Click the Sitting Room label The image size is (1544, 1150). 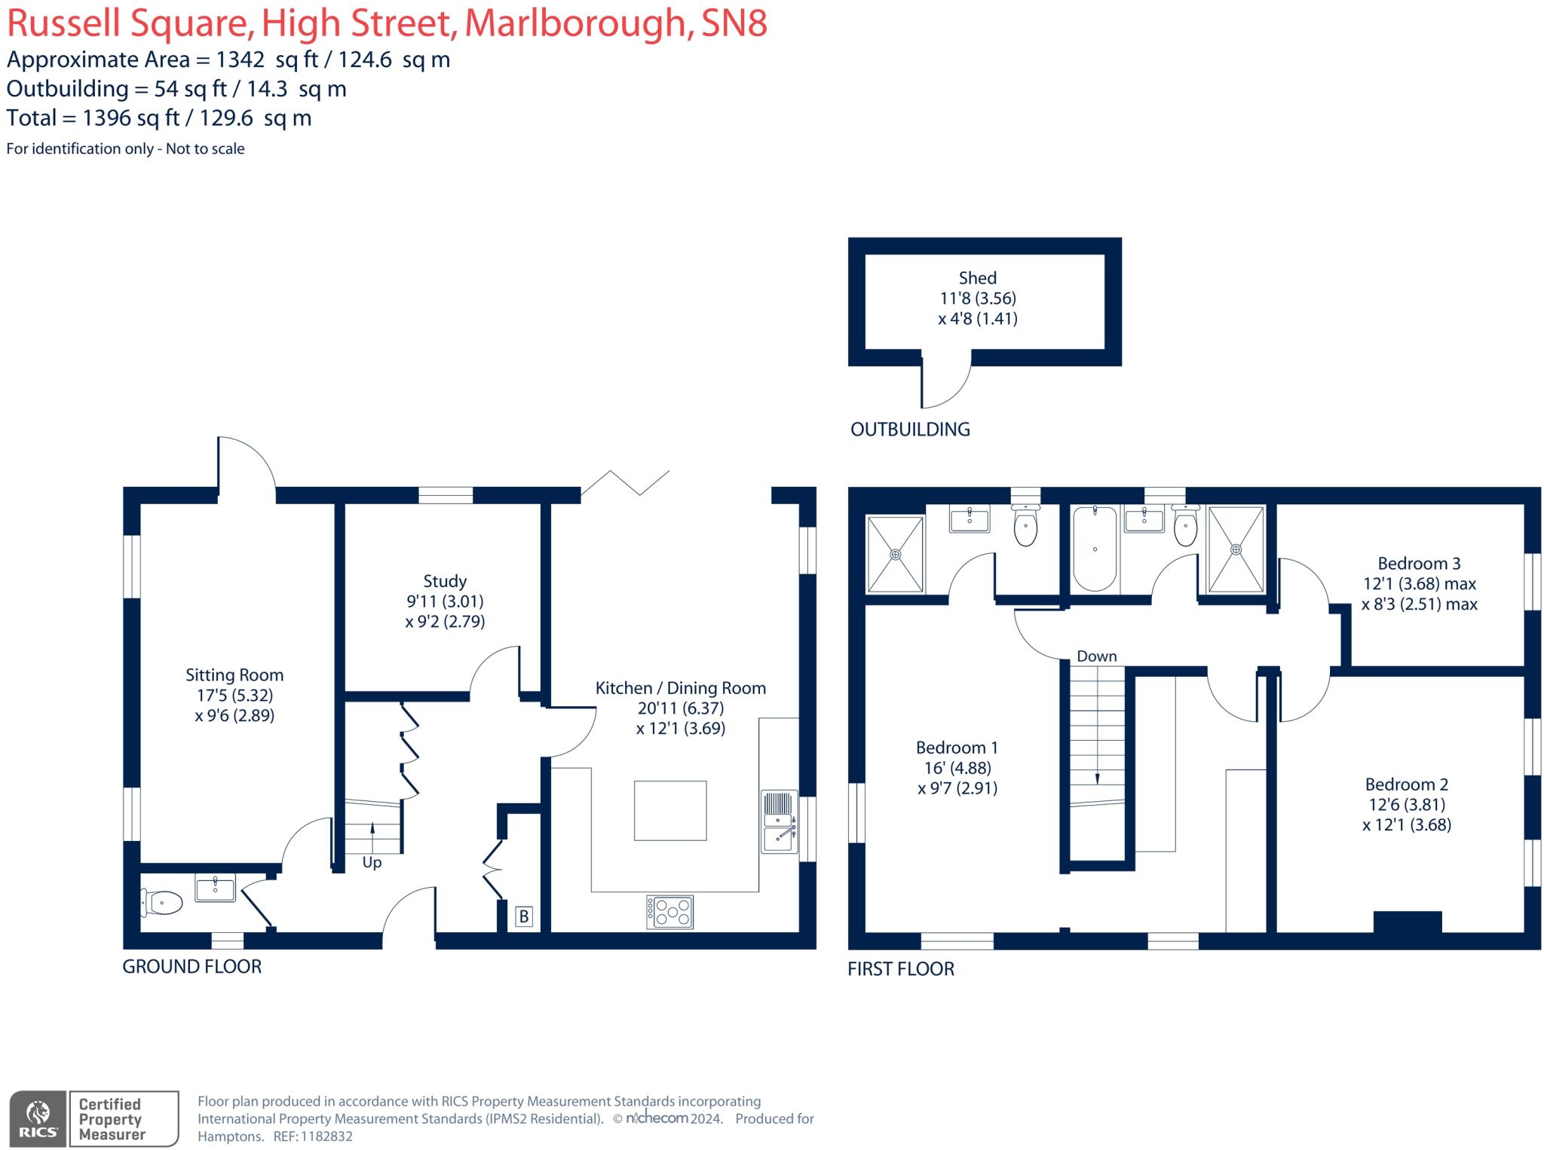click(234, 675)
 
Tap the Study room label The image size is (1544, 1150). click(445, 581)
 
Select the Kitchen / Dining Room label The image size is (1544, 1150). click(680, 688)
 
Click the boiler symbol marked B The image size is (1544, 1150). click(524, 917)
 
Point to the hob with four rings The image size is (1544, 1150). click(669, 912)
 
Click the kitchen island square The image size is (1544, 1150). click(670, 811)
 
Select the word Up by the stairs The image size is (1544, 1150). click(372, 862)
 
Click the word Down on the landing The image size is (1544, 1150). click(1096, 656)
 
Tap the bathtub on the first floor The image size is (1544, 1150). click(1095, 549)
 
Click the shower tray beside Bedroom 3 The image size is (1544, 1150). click(1236, 549)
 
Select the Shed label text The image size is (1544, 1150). click(977, 278)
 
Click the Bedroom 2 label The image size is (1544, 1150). click(1406, 785)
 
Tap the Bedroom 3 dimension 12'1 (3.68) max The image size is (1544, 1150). click(1419, 584)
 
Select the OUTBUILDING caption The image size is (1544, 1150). click(910, 430)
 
